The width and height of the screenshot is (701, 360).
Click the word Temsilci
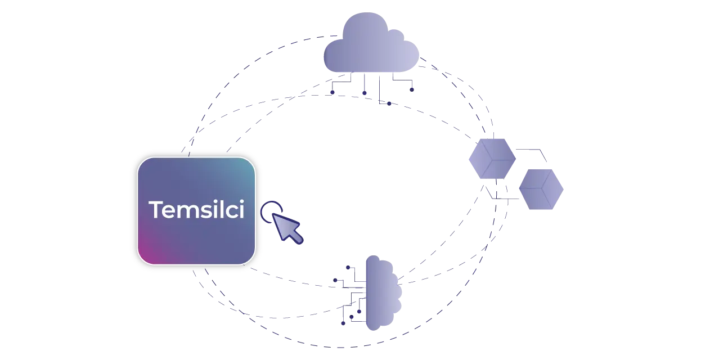196,210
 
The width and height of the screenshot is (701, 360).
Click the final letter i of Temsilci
241,210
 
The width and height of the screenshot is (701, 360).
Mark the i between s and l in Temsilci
213,210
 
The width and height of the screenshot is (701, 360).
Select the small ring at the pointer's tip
269,209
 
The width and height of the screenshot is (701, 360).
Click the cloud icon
371,45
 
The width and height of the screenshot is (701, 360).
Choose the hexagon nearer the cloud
492,158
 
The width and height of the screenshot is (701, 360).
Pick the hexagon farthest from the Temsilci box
542,189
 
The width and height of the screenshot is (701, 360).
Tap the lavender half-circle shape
383,292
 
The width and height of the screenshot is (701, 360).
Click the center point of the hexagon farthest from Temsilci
542,190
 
